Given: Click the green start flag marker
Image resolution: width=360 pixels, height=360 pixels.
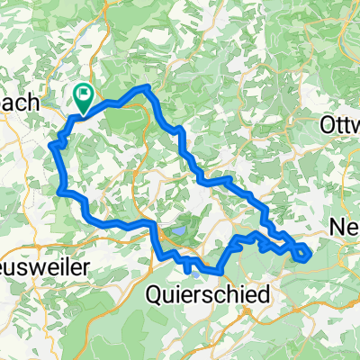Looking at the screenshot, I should (84, 94).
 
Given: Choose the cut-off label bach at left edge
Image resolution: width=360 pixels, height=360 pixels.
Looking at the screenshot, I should (20, 103).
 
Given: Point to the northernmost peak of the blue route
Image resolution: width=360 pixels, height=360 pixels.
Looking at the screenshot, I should (145, 88).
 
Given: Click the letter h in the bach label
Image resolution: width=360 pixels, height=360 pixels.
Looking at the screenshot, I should (36, 103).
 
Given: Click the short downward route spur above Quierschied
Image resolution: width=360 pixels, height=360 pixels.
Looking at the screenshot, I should (187, 266).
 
